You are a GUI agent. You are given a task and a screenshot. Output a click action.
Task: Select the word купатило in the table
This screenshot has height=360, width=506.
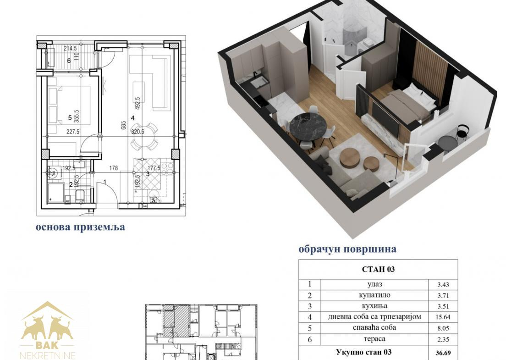(x=374, y=295)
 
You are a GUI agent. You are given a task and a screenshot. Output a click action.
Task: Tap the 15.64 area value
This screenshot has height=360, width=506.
(x=443, y=317)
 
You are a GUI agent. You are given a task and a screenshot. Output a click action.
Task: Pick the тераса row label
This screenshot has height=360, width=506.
(x=374, y=339)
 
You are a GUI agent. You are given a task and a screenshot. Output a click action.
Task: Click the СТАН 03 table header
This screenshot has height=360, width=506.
(x=378, y=269)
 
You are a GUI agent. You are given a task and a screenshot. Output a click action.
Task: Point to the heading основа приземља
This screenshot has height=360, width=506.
(x=80, y=227)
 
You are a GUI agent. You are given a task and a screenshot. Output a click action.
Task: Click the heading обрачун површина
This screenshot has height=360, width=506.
(x=347, y=249)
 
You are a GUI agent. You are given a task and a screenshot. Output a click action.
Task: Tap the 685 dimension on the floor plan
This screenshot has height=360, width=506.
(x=123, y=125)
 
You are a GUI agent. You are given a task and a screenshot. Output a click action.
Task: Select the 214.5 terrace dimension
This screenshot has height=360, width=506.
(x=70, y=49)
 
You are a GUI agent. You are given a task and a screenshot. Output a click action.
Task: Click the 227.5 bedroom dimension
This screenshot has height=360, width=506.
(x=73, y=132)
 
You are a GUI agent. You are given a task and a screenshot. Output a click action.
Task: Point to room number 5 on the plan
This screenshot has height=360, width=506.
(x=70, y=118)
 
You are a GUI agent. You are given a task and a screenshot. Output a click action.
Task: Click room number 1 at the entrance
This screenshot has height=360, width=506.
(x=105, y=182)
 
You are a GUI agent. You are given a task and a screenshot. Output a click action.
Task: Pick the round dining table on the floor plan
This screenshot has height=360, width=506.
(x=143, y=136)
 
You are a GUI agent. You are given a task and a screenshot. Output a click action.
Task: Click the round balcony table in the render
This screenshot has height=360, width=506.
(x=448, y=142)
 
